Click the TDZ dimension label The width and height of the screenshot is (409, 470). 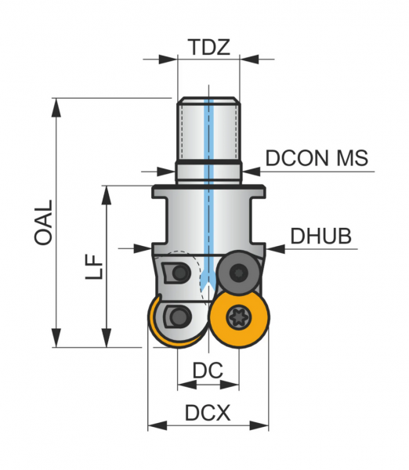[x=210, y=47]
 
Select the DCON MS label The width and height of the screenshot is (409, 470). [x=317, y=158]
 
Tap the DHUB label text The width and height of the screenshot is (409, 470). [x=320, y=237]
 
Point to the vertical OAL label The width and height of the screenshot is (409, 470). [x=43, y=222]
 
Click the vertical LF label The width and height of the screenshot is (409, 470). [x=94, y=267]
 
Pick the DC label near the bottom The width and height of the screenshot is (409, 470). [x=208, y=371]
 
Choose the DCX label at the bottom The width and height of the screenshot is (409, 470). [x=208, y=413]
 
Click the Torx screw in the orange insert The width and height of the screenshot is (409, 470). [x=239, y=317]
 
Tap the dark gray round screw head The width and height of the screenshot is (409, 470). [x=239, y=273]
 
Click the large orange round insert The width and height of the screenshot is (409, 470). [x=239, y=317]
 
